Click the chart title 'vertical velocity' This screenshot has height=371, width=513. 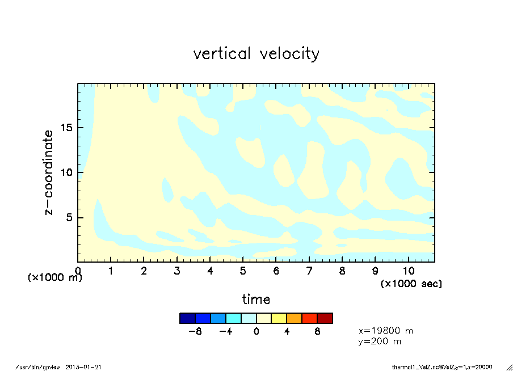(256, 54)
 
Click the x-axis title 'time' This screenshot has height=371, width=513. (256, 299)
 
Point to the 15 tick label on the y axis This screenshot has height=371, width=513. (67, 128)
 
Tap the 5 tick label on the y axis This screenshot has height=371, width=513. (70, 218)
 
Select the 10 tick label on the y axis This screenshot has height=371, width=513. (67, 172)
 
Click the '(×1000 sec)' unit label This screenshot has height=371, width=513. (411, 283)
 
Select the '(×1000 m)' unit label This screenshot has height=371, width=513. (55, 278)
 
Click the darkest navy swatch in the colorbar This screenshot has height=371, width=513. (187, 318)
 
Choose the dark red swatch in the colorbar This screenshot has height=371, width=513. (325, 318)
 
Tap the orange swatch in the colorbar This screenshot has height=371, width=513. (294, 318)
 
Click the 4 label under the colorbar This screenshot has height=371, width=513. (287, 331)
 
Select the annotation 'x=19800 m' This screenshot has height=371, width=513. (385, 330)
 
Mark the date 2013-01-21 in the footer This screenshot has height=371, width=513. (88, 367)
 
